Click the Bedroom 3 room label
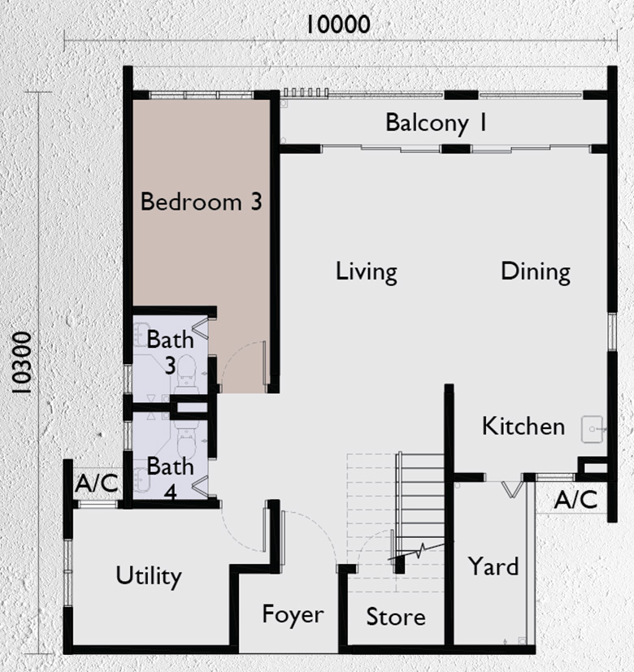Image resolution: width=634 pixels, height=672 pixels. coord(201,202)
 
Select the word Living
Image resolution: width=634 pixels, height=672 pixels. coord(366,271)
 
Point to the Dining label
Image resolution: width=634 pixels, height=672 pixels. coord(535,271)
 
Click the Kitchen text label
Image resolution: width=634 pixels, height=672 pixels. coord(523,426)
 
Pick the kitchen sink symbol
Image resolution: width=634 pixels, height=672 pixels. coord(593,428)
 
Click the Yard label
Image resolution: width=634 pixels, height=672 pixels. coord(493,566)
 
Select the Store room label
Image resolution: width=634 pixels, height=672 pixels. coord(395,617)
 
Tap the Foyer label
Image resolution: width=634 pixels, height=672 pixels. coord(293,614)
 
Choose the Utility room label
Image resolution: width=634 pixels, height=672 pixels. coord(148,576)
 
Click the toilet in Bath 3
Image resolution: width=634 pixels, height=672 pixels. coord(187,371)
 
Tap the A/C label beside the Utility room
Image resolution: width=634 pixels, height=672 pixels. coord(97,484)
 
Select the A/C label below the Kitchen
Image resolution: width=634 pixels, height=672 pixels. coord(575,499)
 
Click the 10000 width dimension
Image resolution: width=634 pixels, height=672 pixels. coord(337,24)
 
